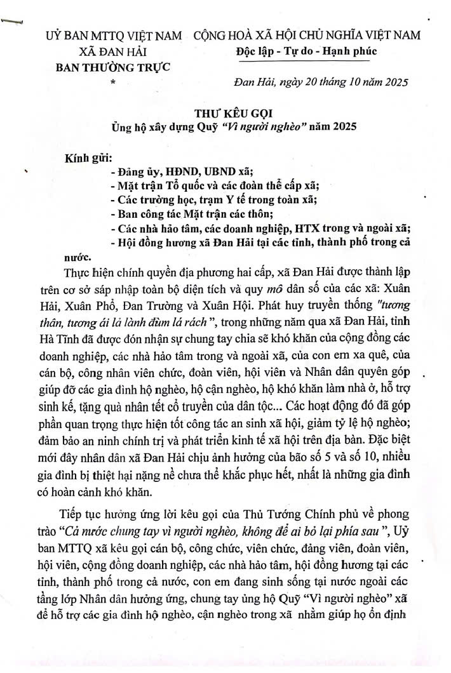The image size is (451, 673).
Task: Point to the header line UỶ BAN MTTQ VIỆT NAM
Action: (114, 36)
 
